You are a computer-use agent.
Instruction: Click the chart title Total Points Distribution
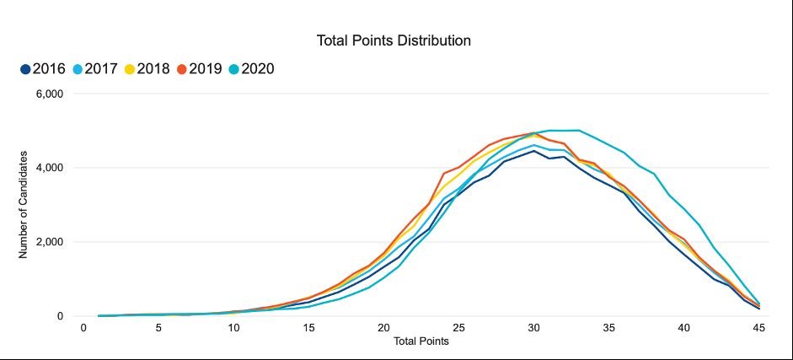pyautogui.click(x=393, y=40)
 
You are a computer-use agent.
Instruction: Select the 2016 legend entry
pyautogui.click(x=44, y=69)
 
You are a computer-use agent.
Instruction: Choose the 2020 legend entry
pyautogui.click(x=250, y=69)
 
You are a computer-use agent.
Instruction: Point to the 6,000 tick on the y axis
pyautogui.click(x=49, y=94)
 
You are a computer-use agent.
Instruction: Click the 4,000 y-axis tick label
pyautogui.click(x=49, y=169)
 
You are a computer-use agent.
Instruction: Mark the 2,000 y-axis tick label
pyautogui.click(x=49, y=243)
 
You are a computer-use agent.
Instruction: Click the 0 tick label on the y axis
pyautogui.click(x=60, y=317)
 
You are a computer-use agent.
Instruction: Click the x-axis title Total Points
pyautogui.click(x=421, y=343)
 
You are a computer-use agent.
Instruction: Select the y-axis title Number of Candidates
pyautogui.click(x=24, y=205)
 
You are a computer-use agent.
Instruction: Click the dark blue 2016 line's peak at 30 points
pyautogui.click(x=533, y=151)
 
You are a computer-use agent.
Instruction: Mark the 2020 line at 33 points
pyautogui.click(x=578, y=130)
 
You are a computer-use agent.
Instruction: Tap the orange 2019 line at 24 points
pyautogui.click(x=443, y=174)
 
